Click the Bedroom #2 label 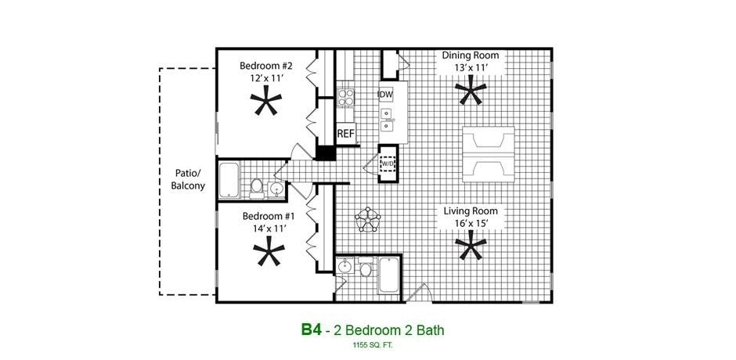pyautogui.click(x=265, y=66)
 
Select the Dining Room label pyautogui.click(x=470, y=56)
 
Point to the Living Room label pyautogui.click(x=470, y=211)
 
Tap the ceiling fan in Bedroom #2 pyautogui.click(x=266, y=103)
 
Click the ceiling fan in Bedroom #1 pyautogui.click(x=269, y=253)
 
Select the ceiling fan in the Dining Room pyautogui.click(x=471, y=93)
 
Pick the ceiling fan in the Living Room pyautogui.click(x=471, y=248)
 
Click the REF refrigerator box pyautogui.click(x=345, y=134)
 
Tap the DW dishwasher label pyautogui.click(x=385, y=95)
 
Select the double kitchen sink pyautogui.click(x=387, y=120)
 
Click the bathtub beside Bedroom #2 pyautogui.click(x=229, y=180)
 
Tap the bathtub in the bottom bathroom pyautogui.click(x=388, y=275)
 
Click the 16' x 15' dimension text pyautogui.click(x=470, y=223)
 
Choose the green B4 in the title pyautogui.click(x=312, y=329)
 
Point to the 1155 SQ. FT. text pyautogui.click(x=373, y=345)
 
